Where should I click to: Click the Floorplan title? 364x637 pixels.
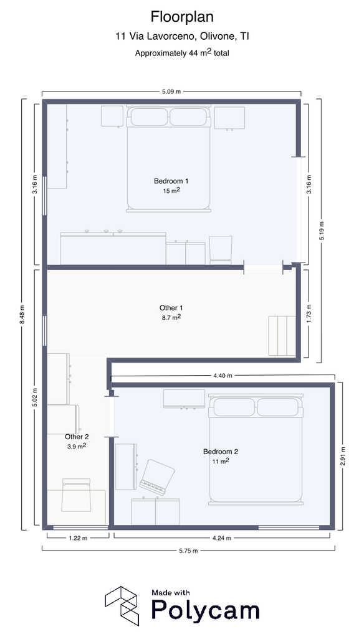point(182,17)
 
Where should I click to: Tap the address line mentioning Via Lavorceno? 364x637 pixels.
point(182,37)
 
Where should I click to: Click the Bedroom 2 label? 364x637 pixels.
point(221,452)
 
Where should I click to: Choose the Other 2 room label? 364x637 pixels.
point(77,437)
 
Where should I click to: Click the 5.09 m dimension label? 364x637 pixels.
point(171,91)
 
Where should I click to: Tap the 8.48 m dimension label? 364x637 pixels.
point(22,314)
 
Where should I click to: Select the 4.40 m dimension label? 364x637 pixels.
point(223,376)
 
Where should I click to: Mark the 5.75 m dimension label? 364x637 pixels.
point(188,551)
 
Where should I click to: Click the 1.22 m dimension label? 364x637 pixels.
point(77,538)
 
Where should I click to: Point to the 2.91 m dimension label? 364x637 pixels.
point(343,456)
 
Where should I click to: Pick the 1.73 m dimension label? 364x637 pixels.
point(309,314)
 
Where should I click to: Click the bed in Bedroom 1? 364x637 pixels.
point(168,159)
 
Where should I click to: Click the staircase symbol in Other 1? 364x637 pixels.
point(282,336)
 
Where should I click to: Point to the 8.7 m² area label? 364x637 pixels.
point(171,317)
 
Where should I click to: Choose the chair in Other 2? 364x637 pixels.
point(76,495)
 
